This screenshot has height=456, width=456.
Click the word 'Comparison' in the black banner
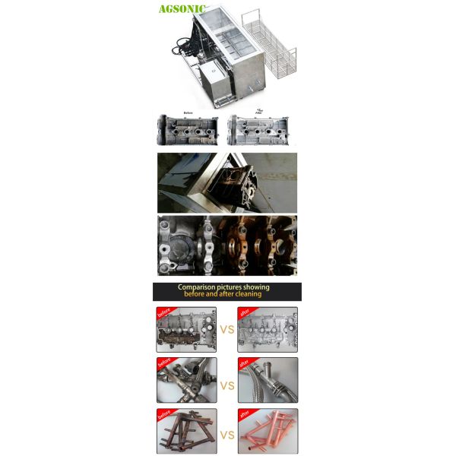click(x=199, y=287)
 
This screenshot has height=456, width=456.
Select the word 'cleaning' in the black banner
click(x=248, y=294)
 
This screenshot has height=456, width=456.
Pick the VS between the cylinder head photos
click(x=226, y=330)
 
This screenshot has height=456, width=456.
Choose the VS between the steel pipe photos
click(x=226, y=386)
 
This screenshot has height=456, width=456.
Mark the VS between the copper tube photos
click(x=226, y=435)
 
